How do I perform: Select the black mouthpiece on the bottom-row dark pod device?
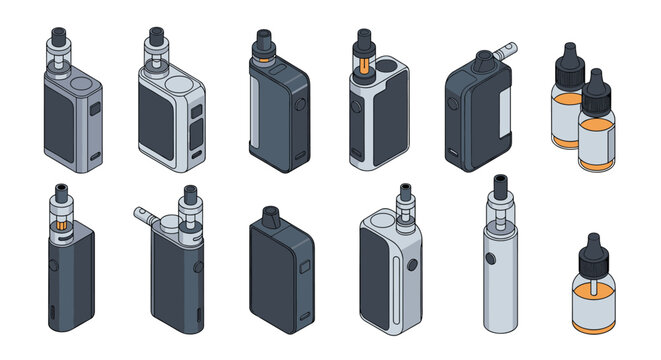[270, 215]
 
